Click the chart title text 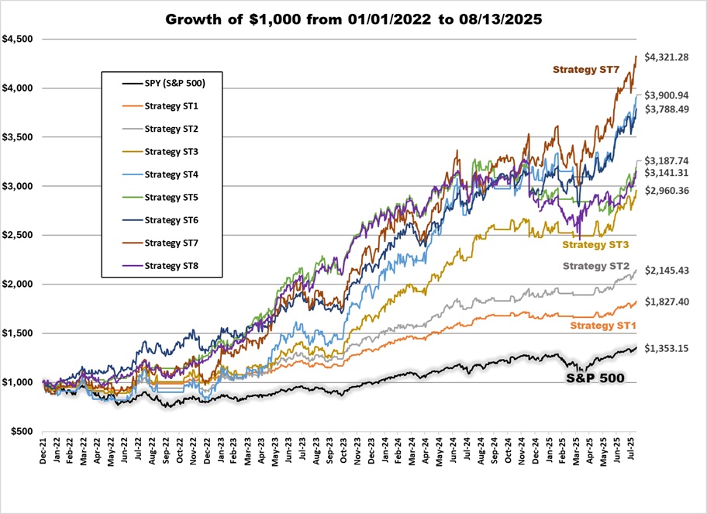pos(353,19)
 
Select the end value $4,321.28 pos(672,57)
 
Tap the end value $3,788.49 pos(672,109)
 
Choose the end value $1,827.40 pos(672,302)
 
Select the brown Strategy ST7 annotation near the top pos(587,69)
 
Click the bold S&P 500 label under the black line pos(594,378)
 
